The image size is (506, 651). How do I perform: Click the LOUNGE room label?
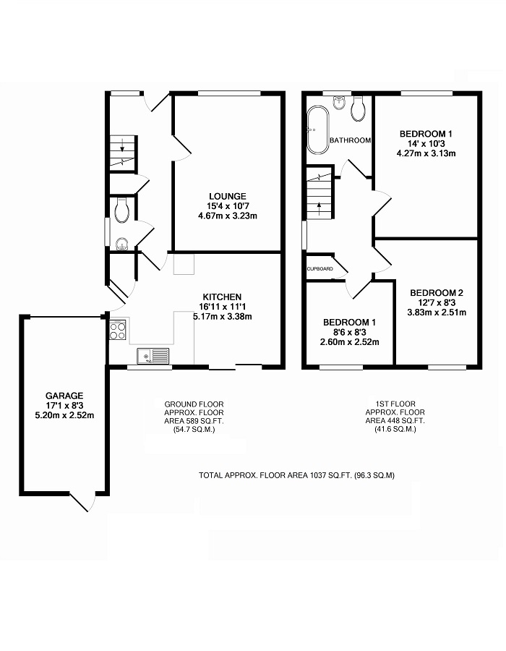(x=227, y=196)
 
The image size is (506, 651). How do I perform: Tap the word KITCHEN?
(x=222, y=297)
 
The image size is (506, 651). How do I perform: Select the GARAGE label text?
(x=64, y=396)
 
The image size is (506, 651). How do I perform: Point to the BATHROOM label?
(x=350, y=140)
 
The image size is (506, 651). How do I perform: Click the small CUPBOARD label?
(x=320, y=268)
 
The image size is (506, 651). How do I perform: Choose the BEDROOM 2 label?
(x=437, y=293)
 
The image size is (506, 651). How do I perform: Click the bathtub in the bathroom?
(x=318, y=130)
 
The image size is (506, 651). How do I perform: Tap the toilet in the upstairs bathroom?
(x=358, y=109)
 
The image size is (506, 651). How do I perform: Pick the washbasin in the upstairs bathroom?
(x=339, y=102)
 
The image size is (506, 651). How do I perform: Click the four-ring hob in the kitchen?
(x=117, y=330)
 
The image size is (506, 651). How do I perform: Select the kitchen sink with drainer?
(x=153, y=356)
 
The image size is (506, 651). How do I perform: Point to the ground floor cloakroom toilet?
(x=121, y=210)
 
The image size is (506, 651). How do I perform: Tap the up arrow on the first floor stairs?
(x=319, y=208)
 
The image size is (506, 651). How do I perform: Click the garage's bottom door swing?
(x=83, y=503)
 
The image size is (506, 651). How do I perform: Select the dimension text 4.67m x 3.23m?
(x=228, y=216)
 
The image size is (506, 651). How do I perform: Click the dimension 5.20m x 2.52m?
(x=64, y=415)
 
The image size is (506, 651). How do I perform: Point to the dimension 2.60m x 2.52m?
(x=350, y=342)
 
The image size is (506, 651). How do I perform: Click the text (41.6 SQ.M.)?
(x=395, y=429)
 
